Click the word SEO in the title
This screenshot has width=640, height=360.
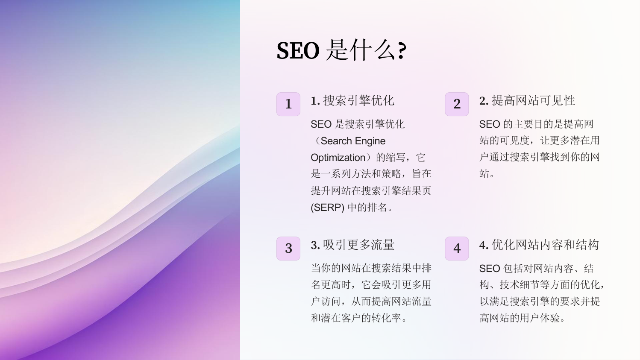(298, 50)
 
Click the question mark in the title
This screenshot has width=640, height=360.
(402, 51)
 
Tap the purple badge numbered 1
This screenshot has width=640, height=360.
(288, 104)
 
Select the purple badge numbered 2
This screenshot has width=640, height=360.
(457, 104)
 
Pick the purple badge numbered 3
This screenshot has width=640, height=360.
(288, 249)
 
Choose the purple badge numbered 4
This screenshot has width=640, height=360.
(457, 249)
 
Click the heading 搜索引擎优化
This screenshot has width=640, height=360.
(358, 100)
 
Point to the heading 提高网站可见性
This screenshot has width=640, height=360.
(533, 100)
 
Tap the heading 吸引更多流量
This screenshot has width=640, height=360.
(358, 245)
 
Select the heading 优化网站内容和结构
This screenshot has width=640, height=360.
(545, 245)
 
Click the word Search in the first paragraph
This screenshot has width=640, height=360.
(336, 141)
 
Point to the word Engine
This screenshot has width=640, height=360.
(370, 141)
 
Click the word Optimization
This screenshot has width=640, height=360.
(338, 158)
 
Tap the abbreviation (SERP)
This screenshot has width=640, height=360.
(327, 208)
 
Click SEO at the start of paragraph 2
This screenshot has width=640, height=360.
(490, 124)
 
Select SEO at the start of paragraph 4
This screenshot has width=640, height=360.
(490, 269)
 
